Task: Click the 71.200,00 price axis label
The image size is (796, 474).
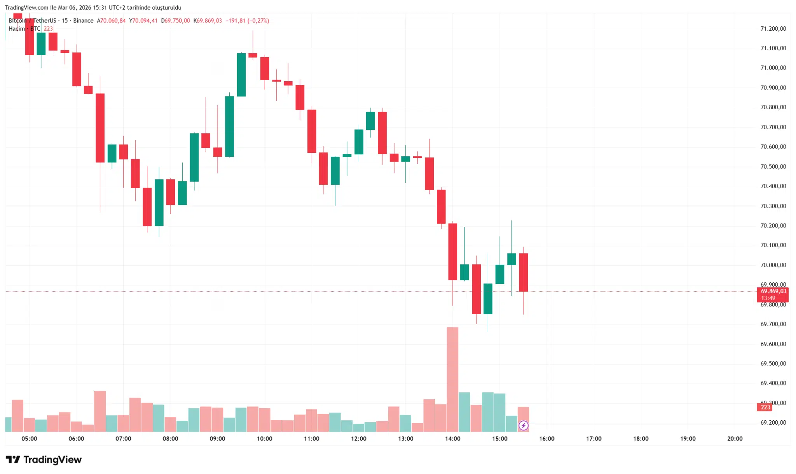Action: pyautogui.click(x=773, y=28)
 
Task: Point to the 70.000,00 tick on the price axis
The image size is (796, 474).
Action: pyautogui.click(x=773, y=265)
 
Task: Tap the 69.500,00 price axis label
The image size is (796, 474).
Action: pyautogui.click(x=773, y=363)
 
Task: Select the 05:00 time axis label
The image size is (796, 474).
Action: pyautogui.click(x=29, y=439)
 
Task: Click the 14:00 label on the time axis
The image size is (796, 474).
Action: pyautogui.click(x=452, y=439)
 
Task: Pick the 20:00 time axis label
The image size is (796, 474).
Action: pyautogui.click(x=735, y=439)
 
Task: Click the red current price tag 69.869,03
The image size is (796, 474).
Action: pyautogui.click(x=773, y=291)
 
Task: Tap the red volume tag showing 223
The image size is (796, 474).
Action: pyautogui.click(x=765, y=407)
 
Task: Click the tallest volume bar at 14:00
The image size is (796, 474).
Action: pyautogui.click(x=452, y=379)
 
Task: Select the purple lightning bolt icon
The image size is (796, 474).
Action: pyautogui.click(x=523, y=425)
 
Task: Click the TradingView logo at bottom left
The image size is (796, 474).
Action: pyautogui.click(x=44, y=460)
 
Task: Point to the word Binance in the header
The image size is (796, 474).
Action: pyautogui.click(x=83, y=21)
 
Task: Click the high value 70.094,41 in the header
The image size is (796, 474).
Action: pyautogui.click(x=145, y=21)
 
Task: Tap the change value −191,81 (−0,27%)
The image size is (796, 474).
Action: pyautogui.click(x=247, y=21)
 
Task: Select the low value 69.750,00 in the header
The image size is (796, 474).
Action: pyautogui.click(x=177, y=21)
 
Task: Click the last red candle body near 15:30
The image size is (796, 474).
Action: pyautogui.click(x=523, y=272)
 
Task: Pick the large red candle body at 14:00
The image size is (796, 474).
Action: pyautogui.click(x=452, y=252)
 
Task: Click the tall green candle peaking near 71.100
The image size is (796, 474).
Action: pyautogui.click(x=241, y=75)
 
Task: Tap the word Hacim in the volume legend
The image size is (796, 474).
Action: pyautogui.click(x=17, y=29)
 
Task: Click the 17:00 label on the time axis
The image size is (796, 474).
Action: pyautogui.click(x=594, y=439)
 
